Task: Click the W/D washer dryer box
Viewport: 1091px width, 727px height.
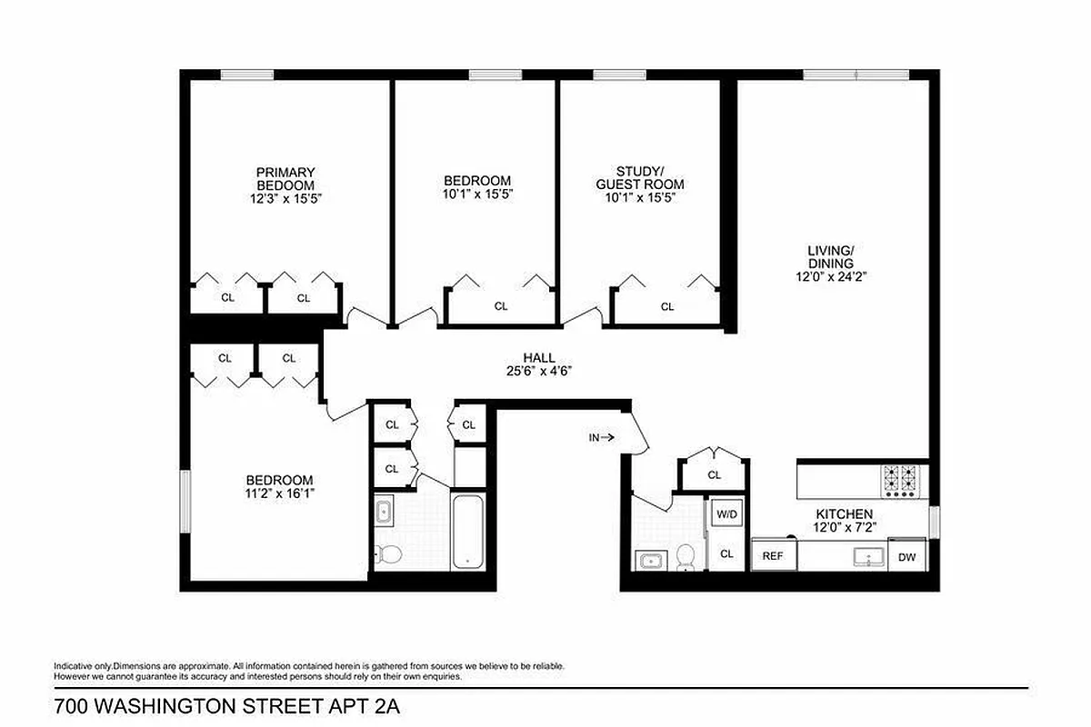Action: [x=726, y=513]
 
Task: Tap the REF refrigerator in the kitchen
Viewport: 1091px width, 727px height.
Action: [x=773, y=555]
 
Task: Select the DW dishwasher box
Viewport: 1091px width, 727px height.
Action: [x=907, y=557]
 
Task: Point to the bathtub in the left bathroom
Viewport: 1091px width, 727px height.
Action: [x=469, y=532]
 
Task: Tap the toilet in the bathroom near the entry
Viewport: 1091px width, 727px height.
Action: [x=686, y=556]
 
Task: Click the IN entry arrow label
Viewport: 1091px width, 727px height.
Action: [x=601, y=437]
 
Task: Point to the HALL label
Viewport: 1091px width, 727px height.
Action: [x=539, y=358]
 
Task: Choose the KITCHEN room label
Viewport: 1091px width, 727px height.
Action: [x=844, y=514]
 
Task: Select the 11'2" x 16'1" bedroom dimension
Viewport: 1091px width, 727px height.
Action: [x=279, y=493]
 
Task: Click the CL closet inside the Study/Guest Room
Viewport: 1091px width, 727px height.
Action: [x=667, y=306]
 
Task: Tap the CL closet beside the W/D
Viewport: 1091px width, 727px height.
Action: [x=726, y=553]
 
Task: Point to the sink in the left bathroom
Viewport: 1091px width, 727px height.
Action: [x=384, y=512]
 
